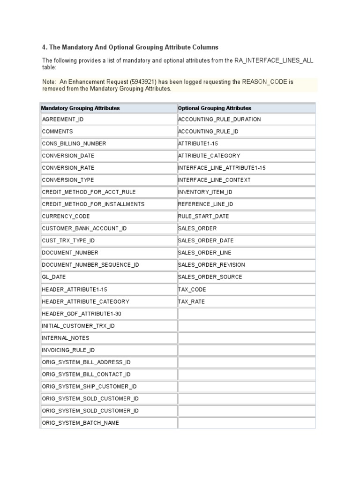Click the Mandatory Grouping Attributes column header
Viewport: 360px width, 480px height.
[x=81, y=108]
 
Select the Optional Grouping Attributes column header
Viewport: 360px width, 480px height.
[x=215, y=108]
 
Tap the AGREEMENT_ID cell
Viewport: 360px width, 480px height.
[x=63, y=120]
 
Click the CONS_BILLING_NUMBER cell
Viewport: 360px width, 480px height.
[x=74, y=144]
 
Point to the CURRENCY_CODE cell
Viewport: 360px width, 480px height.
[x=66, y=217]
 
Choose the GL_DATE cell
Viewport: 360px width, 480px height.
[x=54, y=277]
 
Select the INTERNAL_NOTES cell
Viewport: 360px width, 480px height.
[x=66, y=338]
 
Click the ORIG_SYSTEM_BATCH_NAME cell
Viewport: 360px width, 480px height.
[x=81, y=423]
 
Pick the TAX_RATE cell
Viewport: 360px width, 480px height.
[x=191, y=302]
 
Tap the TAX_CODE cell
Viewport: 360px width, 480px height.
[x=192, y=290]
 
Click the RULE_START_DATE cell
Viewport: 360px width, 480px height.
[x=203, y=217]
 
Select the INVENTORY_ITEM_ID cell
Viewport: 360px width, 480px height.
[x=205, y=192]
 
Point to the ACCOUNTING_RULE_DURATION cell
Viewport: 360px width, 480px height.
[x=219, y=120]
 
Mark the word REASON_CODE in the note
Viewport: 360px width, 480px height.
[x=264, y=82]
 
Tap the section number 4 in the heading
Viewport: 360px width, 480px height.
[x=44, y=47]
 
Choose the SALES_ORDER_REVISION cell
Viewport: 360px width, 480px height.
[x=211, y=265]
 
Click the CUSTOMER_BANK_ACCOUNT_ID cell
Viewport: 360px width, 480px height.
[x=84, y=229]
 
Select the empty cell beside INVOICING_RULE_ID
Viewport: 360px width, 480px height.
[x=247, y=350]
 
